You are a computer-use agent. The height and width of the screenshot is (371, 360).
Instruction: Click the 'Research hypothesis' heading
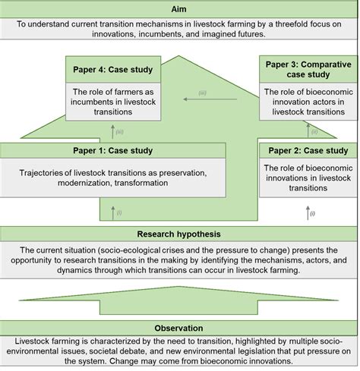pyautogui.click(x=180, y=234)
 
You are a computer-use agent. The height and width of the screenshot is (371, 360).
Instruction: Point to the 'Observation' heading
pyautogui.click(x=180, y=329)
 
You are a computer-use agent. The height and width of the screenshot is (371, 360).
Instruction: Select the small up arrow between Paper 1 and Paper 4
pyautogui.click(x=112, y=130)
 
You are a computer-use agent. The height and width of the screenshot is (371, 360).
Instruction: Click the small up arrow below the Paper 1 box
pyautogui.click(x=112, y=210)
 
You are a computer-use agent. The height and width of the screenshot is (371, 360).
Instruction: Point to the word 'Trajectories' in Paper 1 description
pyautogui.click(x=48, y=172)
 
